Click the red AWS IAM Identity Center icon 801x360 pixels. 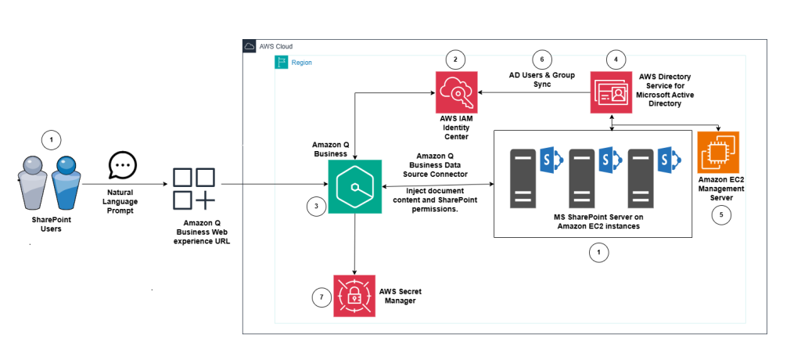[458, 92]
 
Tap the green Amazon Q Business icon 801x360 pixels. [355, 186]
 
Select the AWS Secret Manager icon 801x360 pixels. [353, 295]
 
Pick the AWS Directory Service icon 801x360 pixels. [611, 92]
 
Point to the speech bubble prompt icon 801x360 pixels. [123, 164]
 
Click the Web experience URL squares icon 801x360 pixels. [193, 189]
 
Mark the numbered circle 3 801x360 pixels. [315, 207]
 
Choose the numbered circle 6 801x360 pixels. [537, 59]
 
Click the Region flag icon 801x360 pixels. [282, 62]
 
